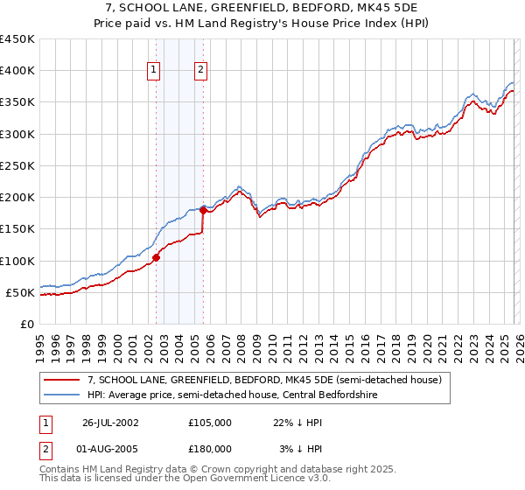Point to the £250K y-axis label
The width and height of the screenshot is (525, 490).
click(x=17, y=165)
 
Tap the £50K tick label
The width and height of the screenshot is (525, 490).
click(x=21, y=292)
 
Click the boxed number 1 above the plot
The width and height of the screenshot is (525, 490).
click(x=154, y=71)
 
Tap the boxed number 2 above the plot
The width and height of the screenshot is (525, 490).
click(x=201, y=71)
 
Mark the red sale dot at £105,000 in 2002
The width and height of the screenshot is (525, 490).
click(x=157, y=257)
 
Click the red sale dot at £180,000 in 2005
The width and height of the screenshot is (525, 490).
click(x=203, y=210)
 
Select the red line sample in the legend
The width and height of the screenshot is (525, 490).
click(x=62, y=380)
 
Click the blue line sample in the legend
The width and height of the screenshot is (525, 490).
click(x=62, y=394)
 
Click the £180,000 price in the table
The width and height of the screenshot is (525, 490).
click(x=210, y=448)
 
